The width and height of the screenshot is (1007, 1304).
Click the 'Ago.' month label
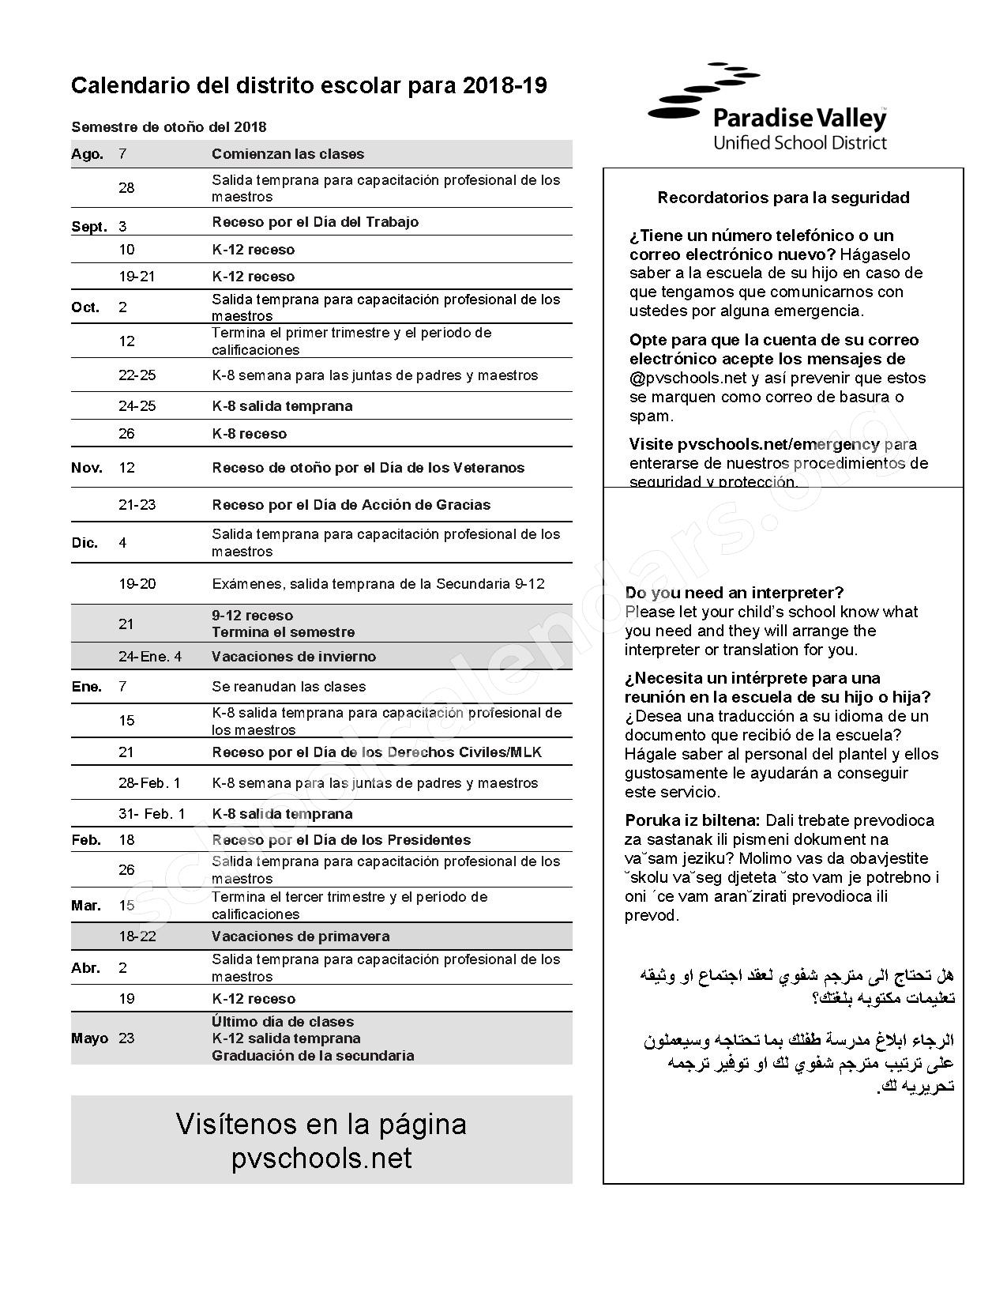(x=87, y=154)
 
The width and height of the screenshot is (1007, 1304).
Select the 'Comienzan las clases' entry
(x=287, y=154)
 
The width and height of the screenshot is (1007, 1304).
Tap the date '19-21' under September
(x=136, y=277)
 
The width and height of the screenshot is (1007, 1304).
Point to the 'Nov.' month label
(x=87, y=468)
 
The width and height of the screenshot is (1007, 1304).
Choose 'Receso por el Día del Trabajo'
(x=314, y=222)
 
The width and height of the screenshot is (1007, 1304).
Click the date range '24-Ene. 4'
(x=150, y=657)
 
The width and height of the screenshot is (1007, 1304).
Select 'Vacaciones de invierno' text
(x=294, y=657)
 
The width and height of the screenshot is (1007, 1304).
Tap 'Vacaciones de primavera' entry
(x=300, y=937)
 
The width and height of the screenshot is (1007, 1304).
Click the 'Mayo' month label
(x=89, y=1038)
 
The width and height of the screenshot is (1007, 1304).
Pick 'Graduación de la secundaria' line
(x=313, y=1056)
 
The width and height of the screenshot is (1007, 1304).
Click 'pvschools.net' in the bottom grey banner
(x=321, y=1159)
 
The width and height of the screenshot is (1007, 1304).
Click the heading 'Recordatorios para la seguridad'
(x=783, y=198)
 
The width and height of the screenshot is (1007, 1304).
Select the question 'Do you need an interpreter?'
(x=735, y=593)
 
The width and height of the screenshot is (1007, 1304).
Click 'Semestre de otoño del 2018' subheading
(x=168, y=127)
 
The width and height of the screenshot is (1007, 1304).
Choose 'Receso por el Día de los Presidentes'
(x=340, y=840)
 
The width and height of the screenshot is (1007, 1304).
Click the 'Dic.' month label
(x=85, y=543)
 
